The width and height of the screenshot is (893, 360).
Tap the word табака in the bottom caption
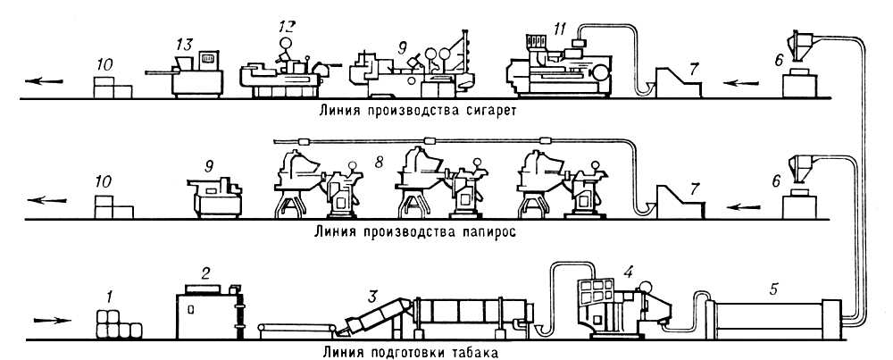click(x=471, y=351)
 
